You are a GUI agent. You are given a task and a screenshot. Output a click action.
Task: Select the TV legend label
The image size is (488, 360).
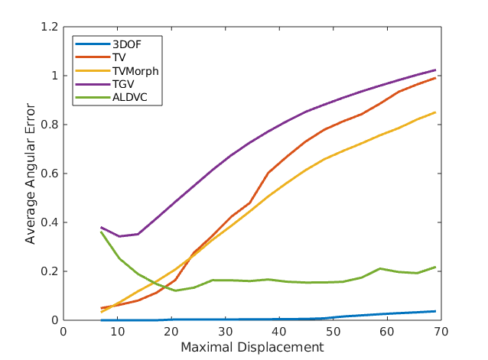click(118, 57)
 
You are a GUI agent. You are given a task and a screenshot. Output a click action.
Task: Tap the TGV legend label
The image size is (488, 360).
click(121, 84)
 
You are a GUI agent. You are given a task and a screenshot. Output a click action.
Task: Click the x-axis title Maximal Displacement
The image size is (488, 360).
click(252, 348)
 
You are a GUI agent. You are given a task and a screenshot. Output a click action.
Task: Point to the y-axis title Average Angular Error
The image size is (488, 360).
click(31, 174)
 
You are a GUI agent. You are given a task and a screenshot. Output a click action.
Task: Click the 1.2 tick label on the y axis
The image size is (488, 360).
click(50, 28)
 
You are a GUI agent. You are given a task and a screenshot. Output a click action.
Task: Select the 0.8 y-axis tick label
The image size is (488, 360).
click(50, 125)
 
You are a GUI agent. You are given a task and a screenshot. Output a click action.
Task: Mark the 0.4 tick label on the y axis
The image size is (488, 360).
click(50, 222)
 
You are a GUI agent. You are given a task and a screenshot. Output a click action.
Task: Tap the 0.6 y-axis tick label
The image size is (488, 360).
click(50, 174)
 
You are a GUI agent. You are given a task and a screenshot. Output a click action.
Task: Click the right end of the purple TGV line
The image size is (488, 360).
click(435, 70)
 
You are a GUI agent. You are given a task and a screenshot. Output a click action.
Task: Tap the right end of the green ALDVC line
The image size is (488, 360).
click(435, 267)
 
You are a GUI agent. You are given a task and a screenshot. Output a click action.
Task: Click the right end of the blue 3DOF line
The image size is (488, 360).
click(435, 311)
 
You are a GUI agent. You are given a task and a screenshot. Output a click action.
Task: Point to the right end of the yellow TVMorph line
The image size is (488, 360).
click(435, 112)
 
